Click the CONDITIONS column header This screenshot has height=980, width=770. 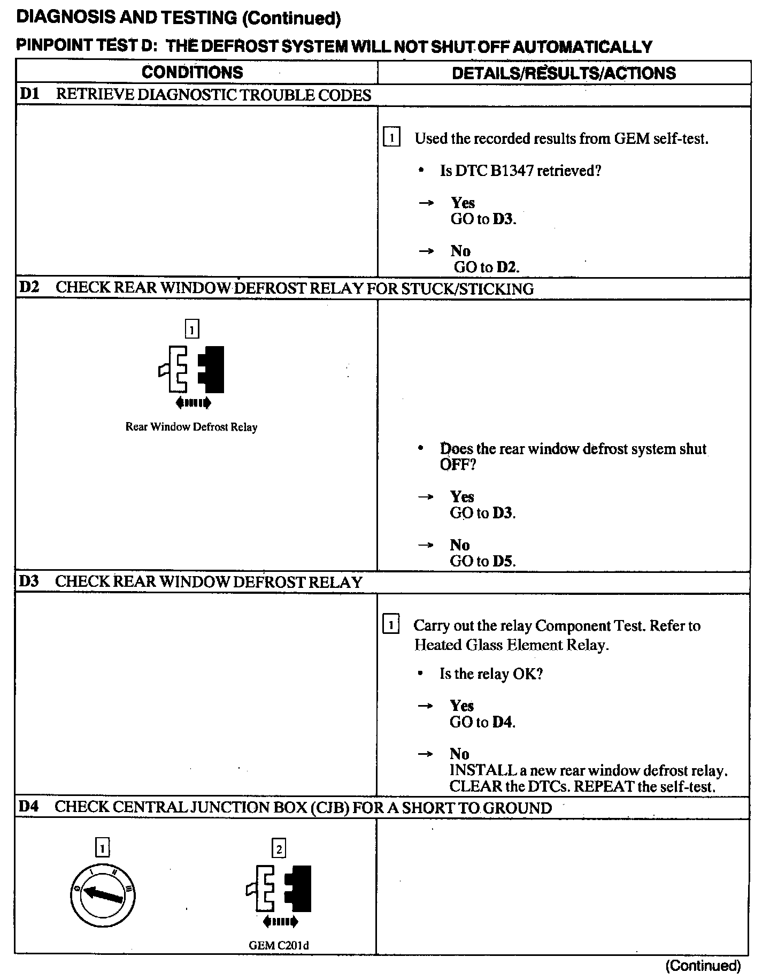point(192,72)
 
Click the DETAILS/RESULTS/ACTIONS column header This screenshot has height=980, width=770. point(564,73)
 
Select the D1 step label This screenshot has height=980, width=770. point(29,95)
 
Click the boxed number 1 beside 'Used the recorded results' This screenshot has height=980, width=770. point(392,139)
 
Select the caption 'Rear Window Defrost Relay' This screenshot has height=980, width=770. point(191,427)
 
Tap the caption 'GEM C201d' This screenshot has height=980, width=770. point(279,945)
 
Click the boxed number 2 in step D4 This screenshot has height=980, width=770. point(279,848)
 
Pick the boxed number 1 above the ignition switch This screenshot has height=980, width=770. point(102,848)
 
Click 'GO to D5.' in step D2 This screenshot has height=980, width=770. point(482,561)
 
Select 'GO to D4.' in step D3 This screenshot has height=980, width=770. point(482,722)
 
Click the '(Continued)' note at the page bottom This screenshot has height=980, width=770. point(703,966)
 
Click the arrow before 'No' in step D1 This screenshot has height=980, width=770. point(426,251)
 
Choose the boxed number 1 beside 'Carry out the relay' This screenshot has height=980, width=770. point(391,625)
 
